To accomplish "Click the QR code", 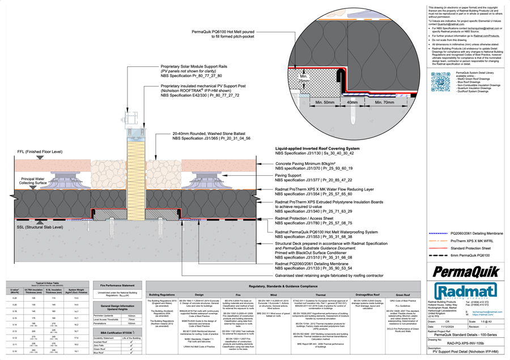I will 440,82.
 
